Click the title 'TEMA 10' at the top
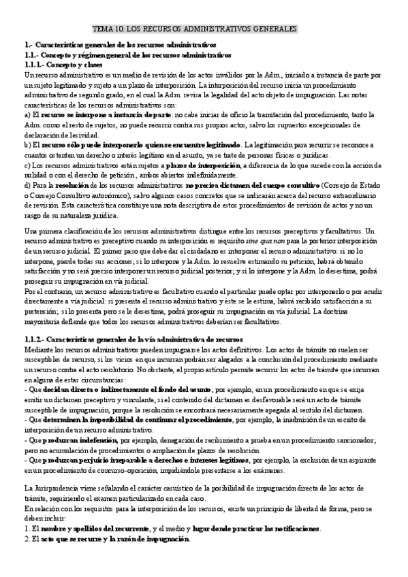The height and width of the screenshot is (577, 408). [111, 29]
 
